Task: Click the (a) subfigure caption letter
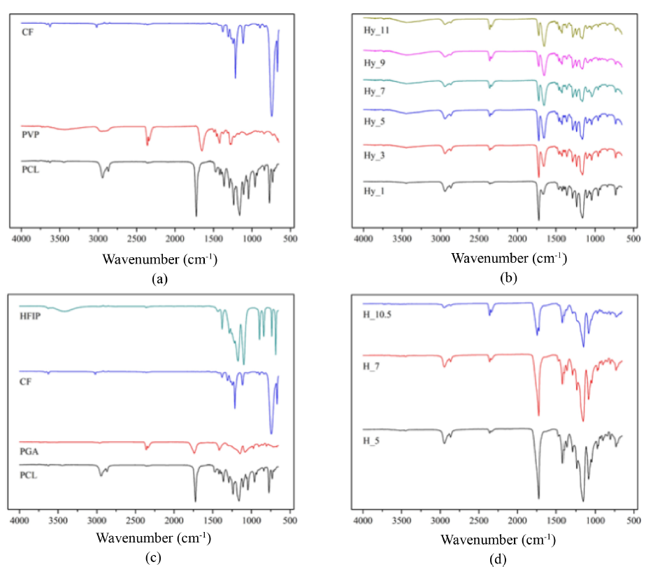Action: pos(159,278)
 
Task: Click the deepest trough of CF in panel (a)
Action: pos(272,115)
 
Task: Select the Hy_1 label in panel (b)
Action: pos(380,189)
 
